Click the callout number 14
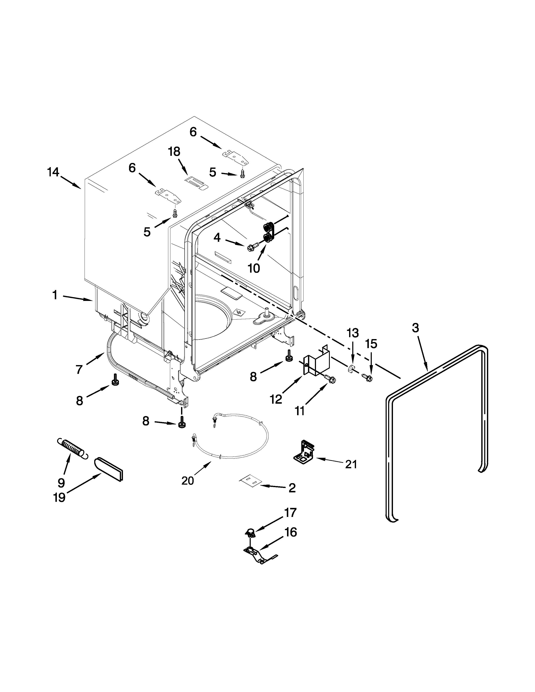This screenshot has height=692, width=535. pos(53,172)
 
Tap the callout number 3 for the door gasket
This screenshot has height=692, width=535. pos(415,328)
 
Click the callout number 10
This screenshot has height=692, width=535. pos(254,268)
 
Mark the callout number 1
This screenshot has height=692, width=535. pos(55,295)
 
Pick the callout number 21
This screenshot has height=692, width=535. pos(351,464)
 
